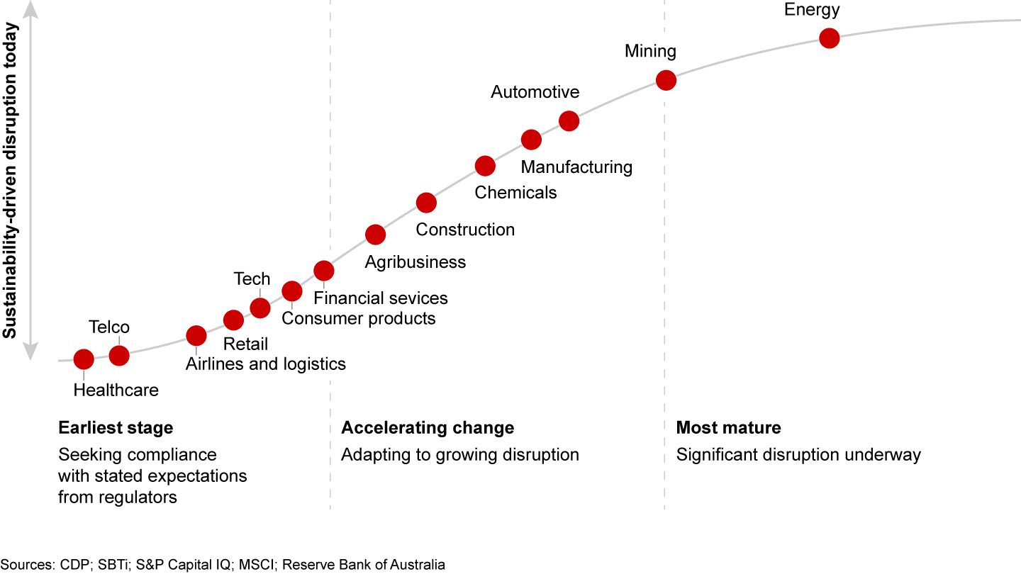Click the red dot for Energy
(x=829, y=38)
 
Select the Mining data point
(x=666, y=80)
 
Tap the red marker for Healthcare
(x=84, y=359)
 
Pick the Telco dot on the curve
(x=119, y=355)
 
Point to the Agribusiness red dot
(x=375, y=235)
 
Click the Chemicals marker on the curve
(x=485, y=167)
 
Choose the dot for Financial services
(x=323, y=270)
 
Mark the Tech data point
(x=260, y=308)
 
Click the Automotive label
(x=535, y=92)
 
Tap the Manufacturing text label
(x=576, y=167)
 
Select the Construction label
(x=465, y=230)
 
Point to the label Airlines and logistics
(x=266, y=364)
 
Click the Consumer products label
(x=358, y=318)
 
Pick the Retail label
(x=245, y=344)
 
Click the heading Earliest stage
(x=116, y=428)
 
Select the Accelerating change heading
(x=428, y=428)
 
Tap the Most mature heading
(x=728, y=428)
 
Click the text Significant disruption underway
(x=798, y=455)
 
